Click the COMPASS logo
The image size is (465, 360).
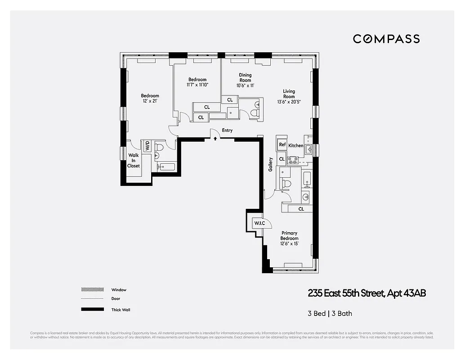(386, 39)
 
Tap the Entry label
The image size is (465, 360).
(227, 130)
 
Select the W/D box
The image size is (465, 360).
(147, 146)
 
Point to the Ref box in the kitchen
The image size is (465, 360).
(282, 145)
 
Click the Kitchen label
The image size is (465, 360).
(296, 146)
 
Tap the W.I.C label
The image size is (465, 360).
(259, 224)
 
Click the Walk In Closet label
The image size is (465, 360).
(134, 161)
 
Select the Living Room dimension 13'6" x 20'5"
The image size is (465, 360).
(289, 102)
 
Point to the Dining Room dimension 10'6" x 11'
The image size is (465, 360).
(245, 85)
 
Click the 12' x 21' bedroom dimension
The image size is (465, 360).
(150, 101)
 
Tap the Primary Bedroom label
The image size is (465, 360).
(289, 236)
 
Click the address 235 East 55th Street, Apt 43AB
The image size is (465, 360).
(367, 293)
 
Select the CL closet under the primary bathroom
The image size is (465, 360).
(301, 209)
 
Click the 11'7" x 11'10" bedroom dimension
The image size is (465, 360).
(197, 85)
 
